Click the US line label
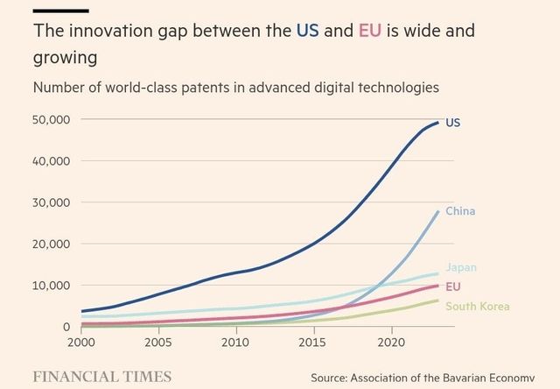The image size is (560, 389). pyautogui.click(x=452, y=124)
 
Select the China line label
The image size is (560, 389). pyautogui.click(x=460, y=211)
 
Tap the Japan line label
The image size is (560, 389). pyautogui.click(x=461, y=267)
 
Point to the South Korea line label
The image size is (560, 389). pyautogui.click(x=477, y=306)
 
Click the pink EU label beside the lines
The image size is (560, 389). pyautogui.click(x=453, y=286)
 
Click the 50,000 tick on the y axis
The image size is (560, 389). pyautogui.click(x=50, y=119)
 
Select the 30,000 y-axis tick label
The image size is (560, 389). pyautogui.click(x=50, y=202)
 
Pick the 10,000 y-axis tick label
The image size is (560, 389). pyautogui.click(x=50, y=286)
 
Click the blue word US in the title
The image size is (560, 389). pyautogui.click(x=306, y=32)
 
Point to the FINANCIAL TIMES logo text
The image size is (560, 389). pyautogui.click(x=101, y=376)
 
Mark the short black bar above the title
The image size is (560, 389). pyautogui.click(x=61, y=11)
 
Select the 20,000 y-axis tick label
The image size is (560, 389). pyautogui.click(x=50, y=244)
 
